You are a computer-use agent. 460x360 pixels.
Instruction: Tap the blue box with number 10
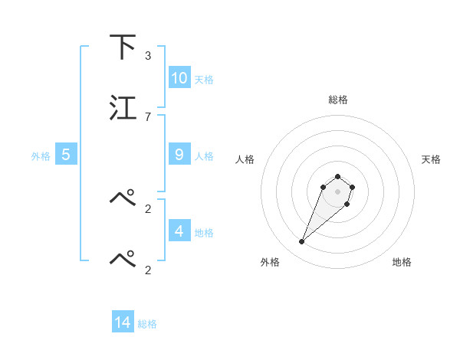click(x=179, y=78)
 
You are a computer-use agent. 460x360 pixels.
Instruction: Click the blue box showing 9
click(x=179, y=155)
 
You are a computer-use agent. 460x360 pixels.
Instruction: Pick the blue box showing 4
click(x=179, y=231)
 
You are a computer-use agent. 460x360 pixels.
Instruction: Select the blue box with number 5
click(x=66, y=155)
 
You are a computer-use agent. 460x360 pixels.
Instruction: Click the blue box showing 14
click(x=123, y=322)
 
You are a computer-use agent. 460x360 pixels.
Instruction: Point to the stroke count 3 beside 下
click(x=148, y=55)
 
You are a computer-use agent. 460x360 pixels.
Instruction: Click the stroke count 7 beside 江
click(x=148, y=116)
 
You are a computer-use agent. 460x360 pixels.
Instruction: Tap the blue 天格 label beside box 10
click(x=203, y=80)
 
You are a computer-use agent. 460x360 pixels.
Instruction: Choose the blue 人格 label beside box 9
click(x=203, y=156)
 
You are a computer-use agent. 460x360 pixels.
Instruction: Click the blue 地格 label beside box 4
click(x=203, y=232)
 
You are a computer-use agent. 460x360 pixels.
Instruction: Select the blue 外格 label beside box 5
click(x=41, y=156)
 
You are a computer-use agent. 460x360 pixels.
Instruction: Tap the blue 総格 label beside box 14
click(x=147, y=324)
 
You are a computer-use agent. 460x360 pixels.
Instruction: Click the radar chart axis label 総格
click(x=337, y=100)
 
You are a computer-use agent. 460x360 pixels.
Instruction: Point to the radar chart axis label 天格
click(x=431, y=159)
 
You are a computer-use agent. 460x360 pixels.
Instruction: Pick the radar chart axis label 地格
click(x=402, y=262)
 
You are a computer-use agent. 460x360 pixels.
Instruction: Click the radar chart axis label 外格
click(x=270, y=262)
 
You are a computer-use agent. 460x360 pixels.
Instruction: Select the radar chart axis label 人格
click(x=245, y=159)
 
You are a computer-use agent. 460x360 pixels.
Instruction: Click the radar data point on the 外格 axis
click(x=302, y=242)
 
